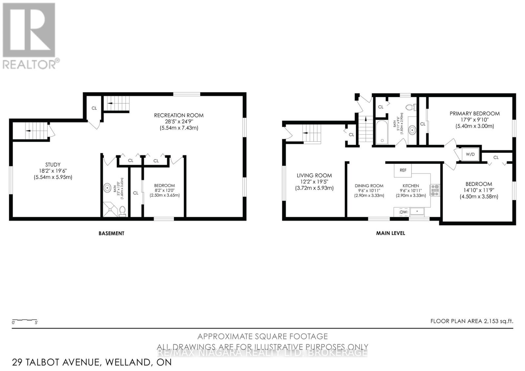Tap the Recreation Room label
[178, 121]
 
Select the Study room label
[53, 171]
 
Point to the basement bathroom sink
[107, 188]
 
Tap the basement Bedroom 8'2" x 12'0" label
[164, 190]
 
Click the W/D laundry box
[470, 154]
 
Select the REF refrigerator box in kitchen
[403, 170]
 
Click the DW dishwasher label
[403, 212]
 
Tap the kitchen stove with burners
[435, 191]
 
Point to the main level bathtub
[382, 132]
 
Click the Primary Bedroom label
[474, 119]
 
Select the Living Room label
[314, 181]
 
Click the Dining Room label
[369, 190]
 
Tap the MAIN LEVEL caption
[390, 233]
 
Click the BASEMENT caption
[112, 234]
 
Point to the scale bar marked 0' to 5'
[25, 320]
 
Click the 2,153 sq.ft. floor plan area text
[472, 321]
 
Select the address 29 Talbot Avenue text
[92, 362]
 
